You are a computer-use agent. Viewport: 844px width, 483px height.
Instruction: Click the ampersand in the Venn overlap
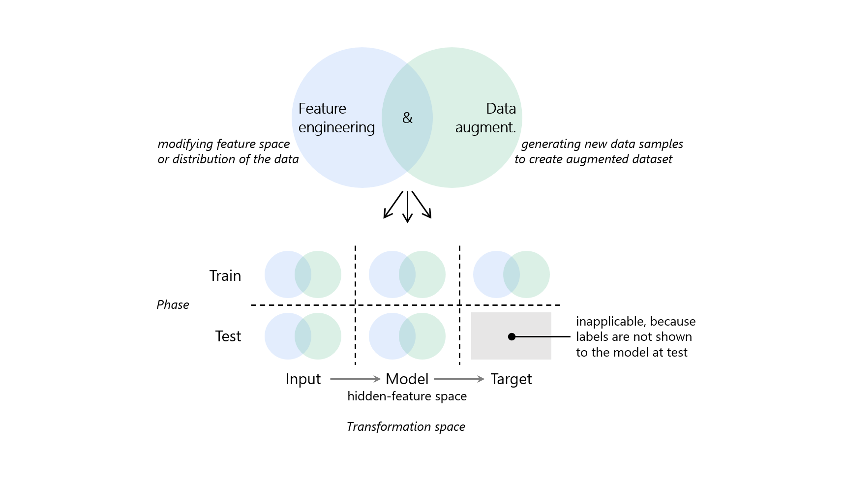click(407, 118)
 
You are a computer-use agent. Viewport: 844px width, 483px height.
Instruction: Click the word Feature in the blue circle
click(322, 109)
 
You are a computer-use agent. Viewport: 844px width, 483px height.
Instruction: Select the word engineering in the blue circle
click(336, 127)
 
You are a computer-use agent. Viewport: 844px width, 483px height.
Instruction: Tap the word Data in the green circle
click(501, 109)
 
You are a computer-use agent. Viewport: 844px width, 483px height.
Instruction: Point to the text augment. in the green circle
click(485, 127)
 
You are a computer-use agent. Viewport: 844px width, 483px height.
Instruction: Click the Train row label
click(225, 275)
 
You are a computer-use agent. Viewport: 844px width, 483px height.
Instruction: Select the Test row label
click(228, 336)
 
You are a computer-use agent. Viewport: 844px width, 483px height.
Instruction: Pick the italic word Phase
click(173, 305)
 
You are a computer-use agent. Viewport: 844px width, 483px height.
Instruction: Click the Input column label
click(303, 379)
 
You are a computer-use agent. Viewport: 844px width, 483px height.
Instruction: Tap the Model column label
click(407, 379)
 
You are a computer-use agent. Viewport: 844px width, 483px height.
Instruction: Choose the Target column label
click(511, 379)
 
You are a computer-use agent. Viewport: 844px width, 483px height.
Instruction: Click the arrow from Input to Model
click(355, 379)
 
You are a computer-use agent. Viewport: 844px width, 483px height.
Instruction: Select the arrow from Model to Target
click(459, 379)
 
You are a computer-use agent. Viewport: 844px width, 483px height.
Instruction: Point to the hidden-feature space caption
click(407, 396)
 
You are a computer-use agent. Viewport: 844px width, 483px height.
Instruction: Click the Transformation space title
click(406, 427)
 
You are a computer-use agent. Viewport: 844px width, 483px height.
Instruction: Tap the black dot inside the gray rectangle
click(512, 336)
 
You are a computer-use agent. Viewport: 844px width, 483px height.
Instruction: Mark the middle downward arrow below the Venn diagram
click(407, 207)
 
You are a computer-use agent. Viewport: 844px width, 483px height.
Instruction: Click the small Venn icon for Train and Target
click(512, 274)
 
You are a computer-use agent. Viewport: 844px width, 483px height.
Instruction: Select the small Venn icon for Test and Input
click(303, 336)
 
